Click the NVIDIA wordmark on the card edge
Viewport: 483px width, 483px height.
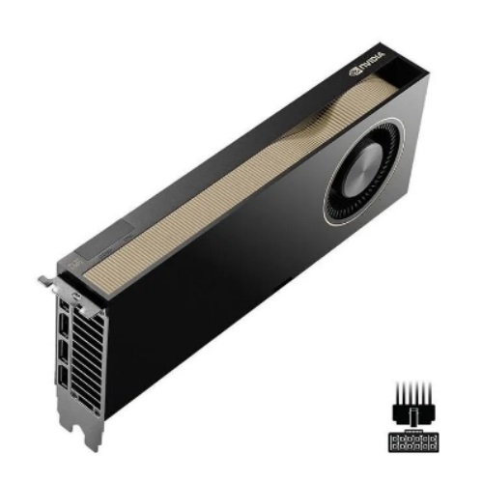pyautogui.click(x=371, y=62)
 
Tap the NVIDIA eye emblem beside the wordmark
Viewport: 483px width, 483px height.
pyautogui.click(x=354, y=72)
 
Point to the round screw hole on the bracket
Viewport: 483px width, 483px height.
pyautogui.click(x=76, y=295)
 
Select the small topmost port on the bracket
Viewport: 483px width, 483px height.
pyautogui.click(x=65, y=304)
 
